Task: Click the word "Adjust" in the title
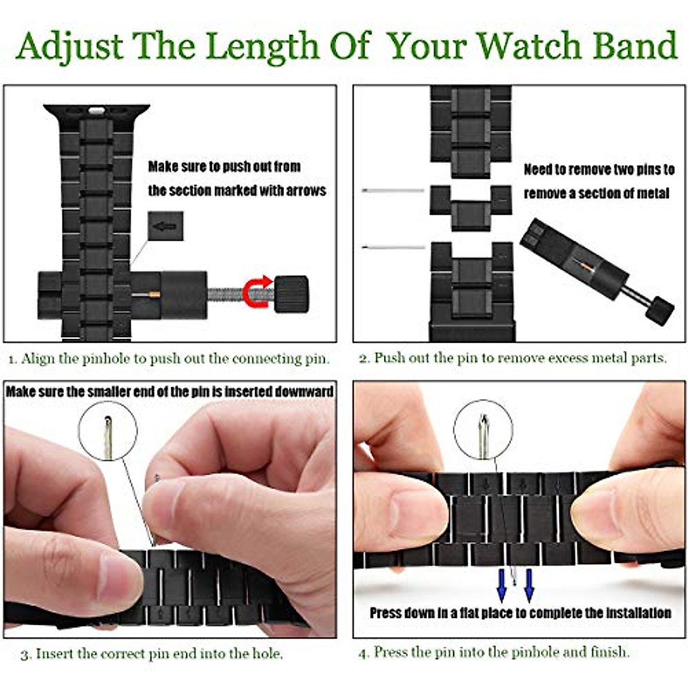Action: pos(70,46)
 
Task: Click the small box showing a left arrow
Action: pos(166,226)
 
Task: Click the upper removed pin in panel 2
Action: pos(393,190)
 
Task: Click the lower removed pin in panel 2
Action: pos(393,247)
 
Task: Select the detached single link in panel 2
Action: pos(470,207)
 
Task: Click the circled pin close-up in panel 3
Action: pos(108,430)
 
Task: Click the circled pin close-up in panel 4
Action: pos(483,429)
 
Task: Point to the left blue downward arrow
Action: pos(502,585)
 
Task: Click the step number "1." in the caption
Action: pos(13,360)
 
